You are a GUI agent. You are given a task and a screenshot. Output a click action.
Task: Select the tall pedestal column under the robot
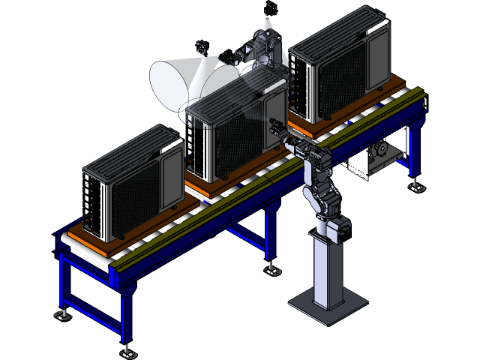coord(328,270)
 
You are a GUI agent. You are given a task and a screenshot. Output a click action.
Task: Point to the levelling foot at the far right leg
coord(413,184)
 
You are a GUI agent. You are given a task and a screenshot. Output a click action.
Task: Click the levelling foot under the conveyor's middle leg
coord(271,265)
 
